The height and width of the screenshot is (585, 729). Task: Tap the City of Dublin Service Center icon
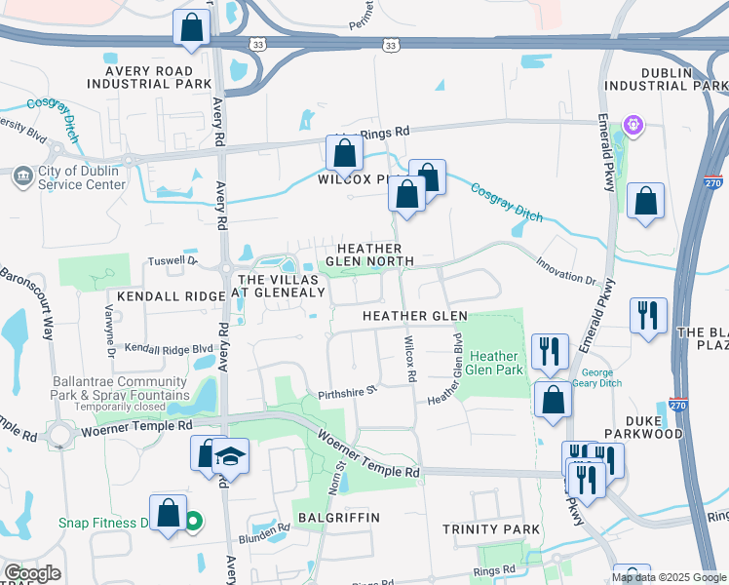pyautogui.click(x=22, y=175)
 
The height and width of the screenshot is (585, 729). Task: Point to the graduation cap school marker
pyautogui.click(x=230, y=457)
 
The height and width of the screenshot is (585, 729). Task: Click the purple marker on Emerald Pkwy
pyautogui.click(x=633, y=125)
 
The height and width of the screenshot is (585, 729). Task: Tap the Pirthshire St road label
pyautogui.click(x=347, y=394)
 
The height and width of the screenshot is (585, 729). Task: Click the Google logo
pyautogui.click(x=31, y=573)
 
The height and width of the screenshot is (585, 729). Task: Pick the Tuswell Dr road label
pyautogui.click(x=172, y=261)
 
